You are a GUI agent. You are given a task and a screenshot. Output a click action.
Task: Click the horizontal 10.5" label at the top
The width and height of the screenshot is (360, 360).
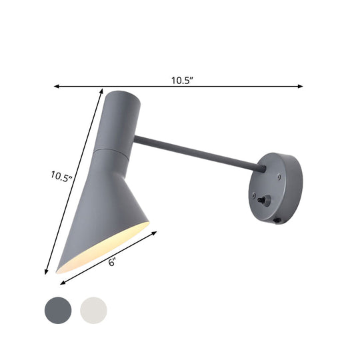(181, 81)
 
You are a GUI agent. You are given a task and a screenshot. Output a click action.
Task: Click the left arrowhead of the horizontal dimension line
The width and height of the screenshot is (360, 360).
(56, 86)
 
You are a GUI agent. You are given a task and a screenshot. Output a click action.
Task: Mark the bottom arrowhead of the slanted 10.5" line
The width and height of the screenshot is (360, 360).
(47, 271)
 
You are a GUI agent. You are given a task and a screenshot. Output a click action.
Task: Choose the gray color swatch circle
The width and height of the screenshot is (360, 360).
(57, 309)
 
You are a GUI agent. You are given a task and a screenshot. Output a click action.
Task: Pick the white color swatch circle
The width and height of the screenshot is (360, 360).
(93, 309)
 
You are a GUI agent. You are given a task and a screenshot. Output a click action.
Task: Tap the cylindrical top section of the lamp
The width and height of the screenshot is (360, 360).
(118, 120)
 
